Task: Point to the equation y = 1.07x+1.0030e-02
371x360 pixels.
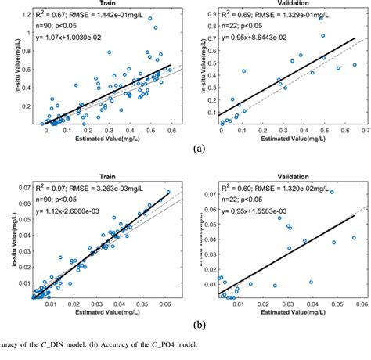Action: (74, 38)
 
